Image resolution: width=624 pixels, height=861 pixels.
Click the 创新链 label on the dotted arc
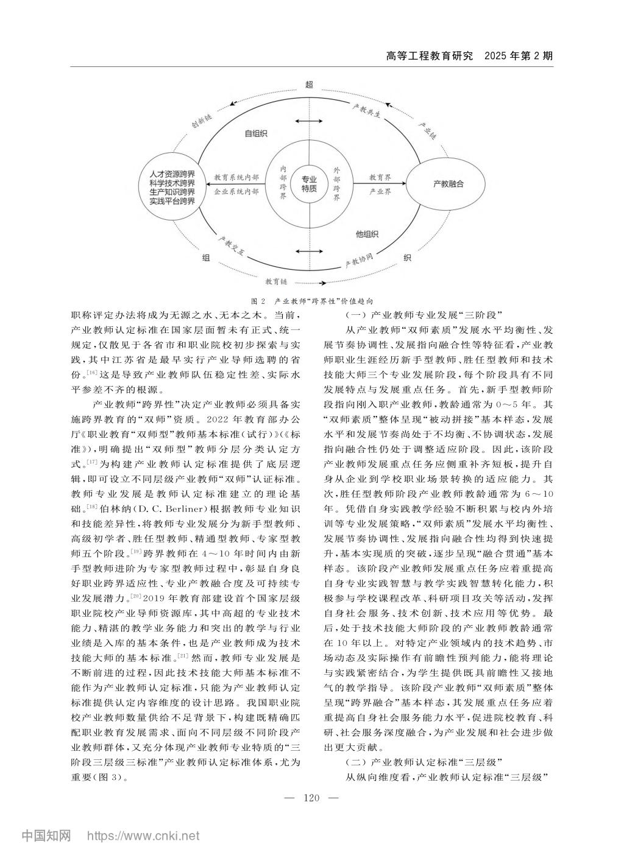pyautogui.click(x=201, y=122)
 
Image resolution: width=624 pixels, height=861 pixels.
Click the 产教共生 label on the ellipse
pyautogui.click(x=367, y=111)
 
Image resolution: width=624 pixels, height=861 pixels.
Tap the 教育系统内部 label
pyautogui.click(x=236, y=177)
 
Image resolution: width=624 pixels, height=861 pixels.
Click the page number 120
pyautogui.click(x=311, y=798)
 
